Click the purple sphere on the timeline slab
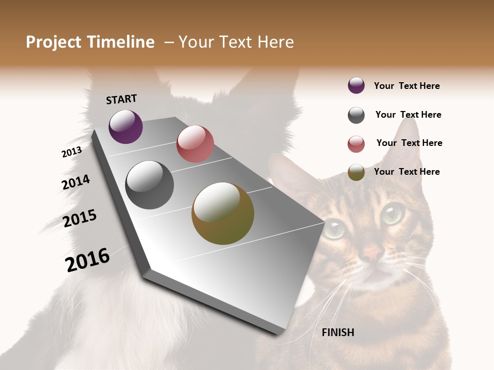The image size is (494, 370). coord(126,126)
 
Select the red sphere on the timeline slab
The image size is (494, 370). coord(195,144)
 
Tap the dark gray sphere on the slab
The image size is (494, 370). coord(149,185)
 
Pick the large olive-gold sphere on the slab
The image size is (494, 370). coord(223,213)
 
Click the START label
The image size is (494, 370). coord(121,99)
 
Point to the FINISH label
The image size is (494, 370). coord(338,332)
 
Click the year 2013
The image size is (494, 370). coord(72,152)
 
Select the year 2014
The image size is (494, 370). coord(76,182)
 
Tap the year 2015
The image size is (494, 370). coord(79,218)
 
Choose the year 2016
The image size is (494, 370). coord(87,260)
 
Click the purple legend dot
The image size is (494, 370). coord(356,85)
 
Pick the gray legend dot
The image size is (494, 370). coord(356,115)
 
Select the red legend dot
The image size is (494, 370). coord(356,144)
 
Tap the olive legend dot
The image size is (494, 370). coord(356,172)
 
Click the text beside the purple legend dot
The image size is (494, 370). coord(407,86)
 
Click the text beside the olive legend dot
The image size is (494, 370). coord(407,172)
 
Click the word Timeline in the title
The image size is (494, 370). coord(120,42)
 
